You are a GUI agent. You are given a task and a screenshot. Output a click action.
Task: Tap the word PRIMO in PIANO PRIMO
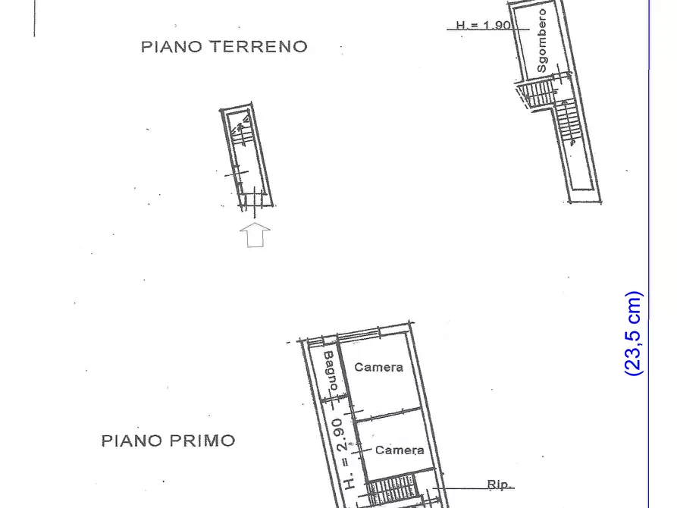pos(201,441)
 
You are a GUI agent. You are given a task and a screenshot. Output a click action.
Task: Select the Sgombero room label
pos(541,41)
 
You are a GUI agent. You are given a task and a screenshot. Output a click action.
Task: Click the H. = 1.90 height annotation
pos(483,25)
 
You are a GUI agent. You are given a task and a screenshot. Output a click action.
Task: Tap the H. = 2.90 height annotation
pos(344,452)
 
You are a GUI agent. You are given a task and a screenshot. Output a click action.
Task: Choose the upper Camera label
pos(378,367)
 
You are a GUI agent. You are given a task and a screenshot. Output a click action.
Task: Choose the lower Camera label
pos(400,450)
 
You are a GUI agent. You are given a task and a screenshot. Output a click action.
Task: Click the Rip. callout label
pos(500,484)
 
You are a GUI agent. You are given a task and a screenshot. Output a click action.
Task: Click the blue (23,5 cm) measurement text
pos(634,333)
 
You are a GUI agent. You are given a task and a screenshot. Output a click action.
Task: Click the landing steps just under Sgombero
pos(538,93)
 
